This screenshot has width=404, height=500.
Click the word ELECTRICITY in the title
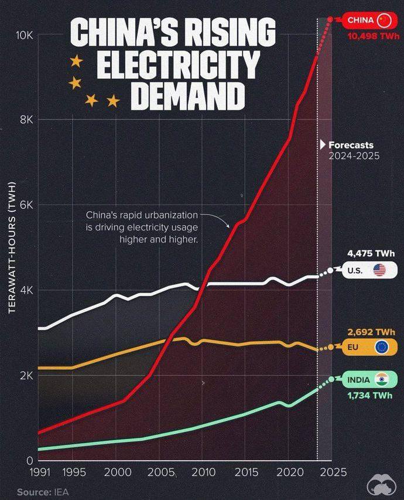[x=178, y=64]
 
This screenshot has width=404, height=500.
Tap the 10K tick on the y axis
[x=25, y=35]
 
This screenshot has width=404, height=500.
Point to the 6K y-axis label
[x=26, y=205]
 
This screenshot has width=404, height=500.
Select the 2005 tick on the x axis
[x=161, y=472]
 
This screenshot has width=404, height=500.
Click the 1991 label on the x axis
[x=40, y=472]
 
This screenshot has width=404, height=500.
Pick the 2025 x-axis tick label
[x=333, y=472]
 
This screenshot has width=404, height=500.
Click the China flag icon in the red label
[x=384, y=21]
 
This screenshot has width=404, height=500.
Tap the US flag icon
[x=379, y=270]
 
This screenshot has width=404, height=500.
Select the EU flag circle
[x=381, y=347]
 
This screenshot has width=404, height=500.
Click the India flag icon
[x=382, y=379]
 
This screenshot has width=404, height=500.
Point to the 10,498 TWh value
[x=373, y=36]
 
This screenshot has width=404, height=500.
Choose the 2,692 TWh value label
[x=371, y=332]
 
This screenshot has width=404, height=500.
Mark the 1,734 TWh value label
[x=370, y=396]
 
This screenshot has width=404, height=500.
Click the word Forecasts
[x=351, y=145]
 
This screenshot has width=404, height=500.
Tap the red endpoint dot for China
[x=330, y=19]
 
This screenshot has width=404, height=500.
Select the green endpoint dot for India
[x=331, y=379]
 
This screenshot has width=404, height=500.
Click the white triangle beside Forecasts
[x=323, y=145]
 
